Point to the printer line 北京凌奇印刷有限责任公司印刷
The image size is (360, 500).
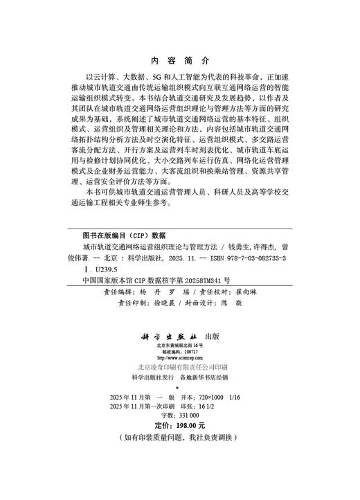pos(180,368)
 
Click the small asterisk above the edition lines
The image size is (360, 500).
pos(179,388)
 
